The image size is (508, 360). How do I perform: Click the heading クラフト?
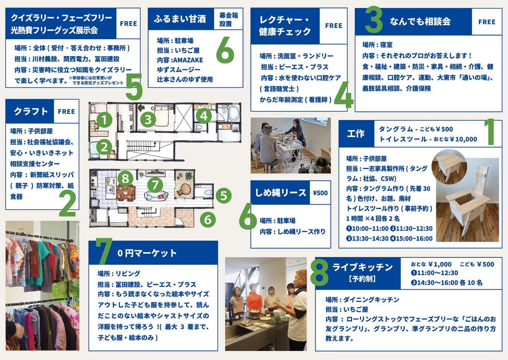(31, 111)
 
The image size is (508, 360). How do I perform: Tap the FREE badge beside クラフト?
(66, 111)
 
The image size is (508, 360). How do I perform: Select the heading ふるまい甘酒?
(180, 19)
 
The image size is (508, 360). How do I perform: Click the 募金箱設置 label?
(228, 19)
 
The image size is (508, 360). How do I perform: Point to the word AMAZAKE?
(188, 60)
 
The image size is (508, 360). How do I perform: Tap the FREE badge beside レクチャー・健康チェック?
(333, 26)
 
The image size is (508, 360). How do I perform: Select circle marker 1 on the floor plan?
(104, 120)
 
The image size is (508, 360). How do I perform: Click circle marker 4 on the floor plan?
(204, 116)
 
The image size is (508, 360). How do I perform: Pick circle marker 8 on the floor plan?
(126, 178)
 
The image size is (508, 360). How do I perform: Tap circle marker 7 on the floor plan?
(155, 185)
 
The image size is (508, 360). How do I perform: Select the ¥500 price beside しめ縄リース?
(320, 193)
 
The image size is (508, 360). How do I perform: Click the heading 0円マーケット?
(147, 253)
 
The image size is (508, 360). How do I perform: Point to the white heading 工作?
(355, 133)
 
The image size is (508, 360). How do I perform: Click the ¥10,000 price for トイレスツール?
(463, 139)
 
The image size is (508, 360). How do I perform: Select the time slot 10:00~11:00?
(369, 228)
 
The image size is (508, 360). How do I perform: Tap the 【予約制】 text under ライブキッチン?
(362, 279)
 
